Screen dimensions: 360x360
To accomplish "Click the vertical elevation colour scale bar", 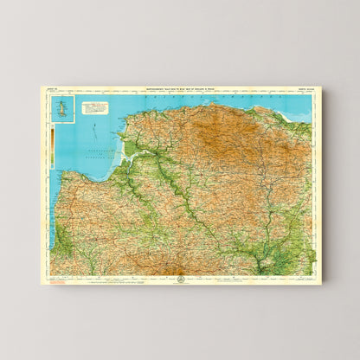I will [x=52, y=147].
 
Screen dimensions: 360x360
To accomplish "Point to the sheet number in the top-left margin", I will [x=54, y=90].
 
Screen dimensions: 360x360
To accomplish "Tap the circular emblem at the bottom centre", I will [x=180, y=279].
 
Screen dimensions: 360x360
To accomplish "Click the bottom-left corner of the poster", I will [x=42, y=284].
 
